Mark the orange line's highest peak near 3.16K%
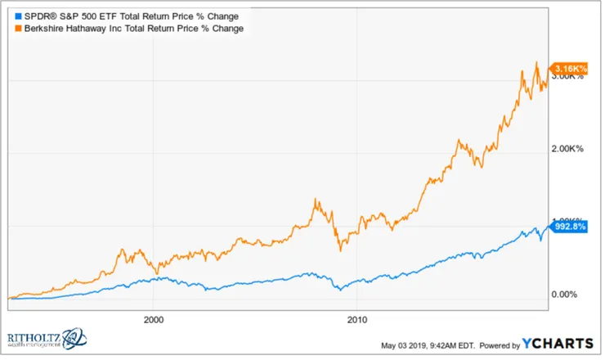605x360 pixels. (536, 62)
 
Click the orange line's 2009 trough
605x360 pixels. (336, 251)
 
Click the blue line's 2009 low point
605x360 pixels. (337, 290)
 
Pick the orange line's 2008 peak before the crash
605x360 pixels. (315, 199)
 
